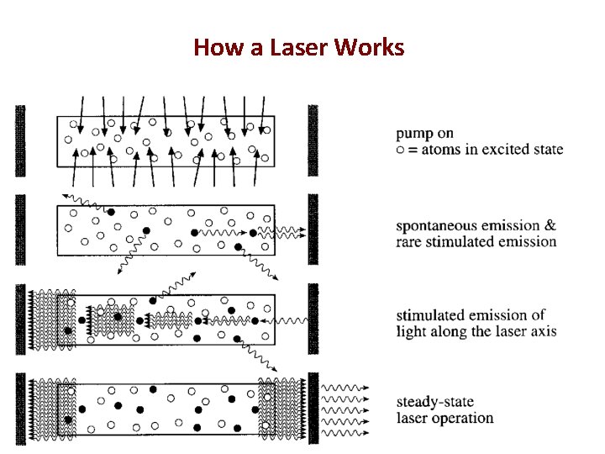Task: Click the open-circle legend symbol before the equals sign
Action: pyautogui.click(x=400, y=150)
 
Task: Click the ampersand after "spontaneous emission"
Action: pyautogui.click(x=550, y=225)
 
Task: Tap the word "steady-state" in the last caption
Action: pyautogui.click(x=436, y=403)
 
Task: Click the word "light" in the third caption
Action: pyautogui.click(x=412, y=331)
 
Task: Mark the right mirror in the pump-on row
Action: pyautogui.click(x=313, y=140)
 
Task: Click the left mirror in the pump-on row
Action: pyautogui.click(x=20, y=140)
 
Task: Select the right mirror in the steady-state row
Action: pyautogui.click(x=313, y=407)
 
